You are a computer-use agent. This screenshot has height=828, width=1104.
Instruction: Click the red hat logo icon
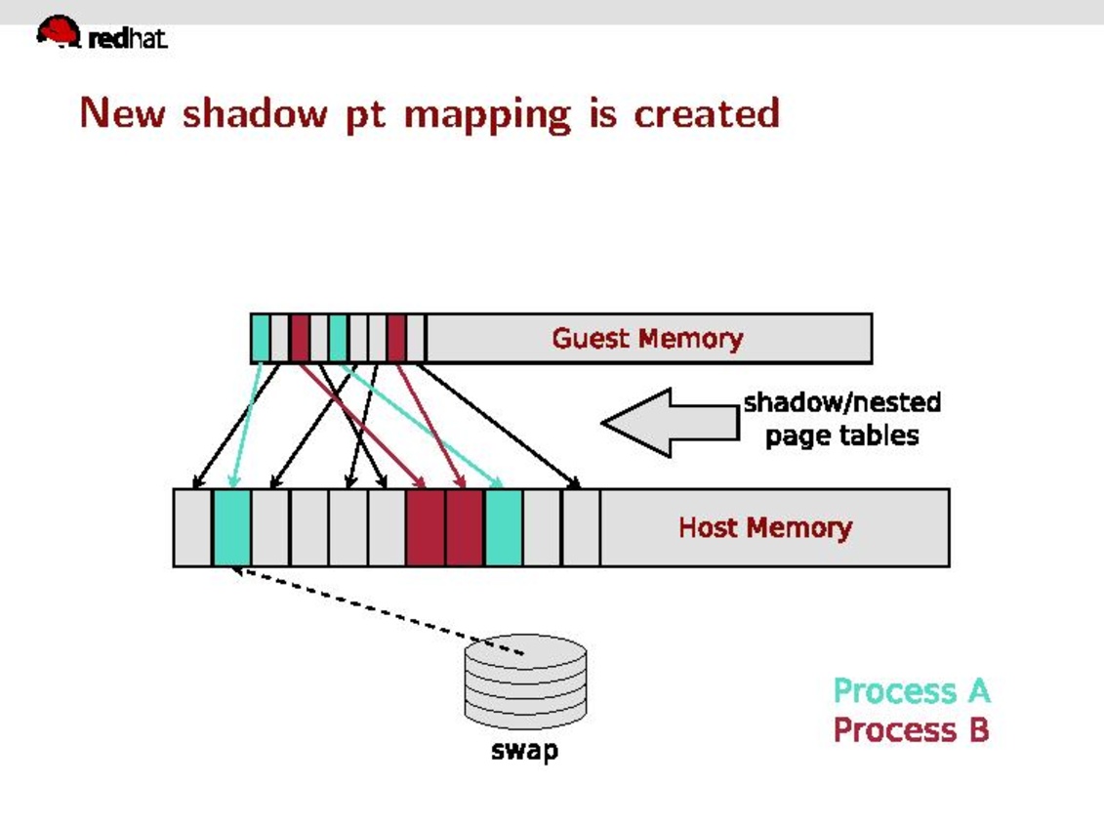pyautogui.click(x=58, y=31)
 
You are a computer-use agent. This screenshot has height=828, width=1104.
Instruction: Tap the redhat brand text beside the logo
pyautogui.click(x=128, y=39)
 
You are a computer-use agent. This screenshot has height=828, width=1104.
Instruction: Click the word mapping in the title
pyautogui.click(x=486, y=115)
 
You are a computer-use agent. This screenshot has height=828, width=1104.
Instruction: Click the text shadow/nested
pyautogui.click(x=841, y=402)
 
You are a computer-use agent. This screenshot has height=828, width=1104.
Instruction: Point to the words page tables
pyautogui.click(x=841, y=435)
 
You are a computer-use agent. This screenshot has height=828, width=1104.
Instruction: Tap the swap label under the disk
pyautogui.click(x=524, y=751)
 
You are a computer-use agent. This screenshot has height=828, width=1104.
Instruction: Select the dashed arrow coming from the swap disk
pyautogui.click(x=381, y=612)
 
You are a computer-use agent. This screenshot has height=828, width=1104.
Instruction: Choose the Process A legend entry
pyautogui.click(x=911, y=690)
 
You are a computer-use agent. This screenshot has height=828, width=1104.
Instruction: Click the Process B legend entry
pyautogui.click(x=911, y=729)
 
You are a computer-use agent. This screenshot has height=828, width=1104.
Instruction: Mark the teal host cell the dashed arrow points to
pyautogui.click(x=232, y=527)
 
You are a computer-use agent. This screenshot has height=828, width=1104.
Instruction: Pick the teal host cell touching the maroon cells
pyautogui.click(x=504, y=527)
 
